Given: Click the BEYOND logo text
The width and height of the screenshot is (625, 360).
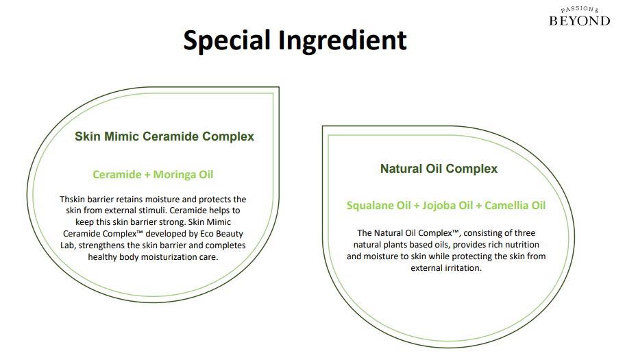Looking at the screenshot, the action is click(x=580, y=21).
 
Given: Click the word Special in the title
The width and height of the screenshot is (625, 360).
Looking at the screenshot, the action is click(x=227, y=40).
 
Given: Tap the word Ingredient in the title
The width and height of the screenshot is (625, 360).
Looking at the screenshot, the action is click(x=343, y=40).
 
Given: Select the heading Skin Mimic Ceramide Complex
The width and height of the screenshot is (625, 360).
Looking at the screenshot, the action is click(x=164, y=136).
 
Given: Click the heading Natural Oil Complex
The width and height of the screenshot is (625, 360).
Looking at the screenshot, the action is click(x=439, y=169).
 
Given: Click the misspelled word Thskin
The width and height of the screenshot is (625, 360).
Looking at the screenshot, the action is click(x=72, y=200).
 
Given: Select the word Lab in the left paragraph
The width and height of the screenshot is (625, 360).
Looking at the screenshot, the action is click(x=67, y=245).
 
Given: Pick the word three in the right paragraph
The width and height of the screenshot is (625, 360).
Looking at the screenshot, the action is click(x=524, y=233).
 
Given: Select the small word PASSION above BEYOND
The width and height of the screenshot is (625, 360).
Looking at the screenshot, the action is click(x=577, y=9).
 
